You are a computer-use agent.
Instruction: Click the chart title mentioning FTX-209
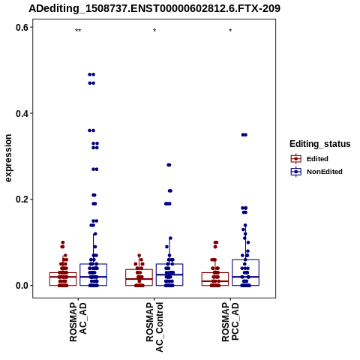point(154,8)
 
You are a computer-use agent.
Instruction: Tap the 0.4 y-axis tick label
point(22,113)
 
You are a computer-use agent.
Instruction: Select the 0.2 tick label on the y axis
point(22,199)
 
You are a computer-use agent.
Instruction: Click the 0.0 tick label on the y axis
point(22,286)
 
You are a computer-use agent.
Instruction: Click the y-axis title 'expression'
point(8,158)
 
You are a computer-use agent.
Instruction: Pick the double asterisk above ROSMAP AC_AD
point(78,31)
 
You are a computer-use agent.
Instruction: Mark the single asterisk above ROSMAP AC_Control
point(154,31)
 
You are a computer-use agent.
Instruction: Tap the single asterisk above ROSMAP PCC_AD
point(230,31)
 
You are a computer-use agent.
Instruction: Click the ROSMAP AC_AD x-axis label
point(78,322)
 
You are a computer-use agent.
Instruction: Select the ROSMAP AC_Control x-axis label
point(154,327)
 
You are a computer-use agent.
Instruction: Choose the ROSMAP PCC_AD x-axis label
point(230,322)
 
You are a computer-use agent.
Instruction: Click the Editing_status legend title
point(320,144)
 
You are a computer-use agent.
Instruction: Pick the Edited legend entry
point(309,159)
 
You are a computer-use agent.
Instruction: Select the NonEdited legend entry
point(316,172)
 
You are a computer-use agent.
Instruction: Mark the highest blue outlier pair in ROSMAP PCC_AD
point(244,135)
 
